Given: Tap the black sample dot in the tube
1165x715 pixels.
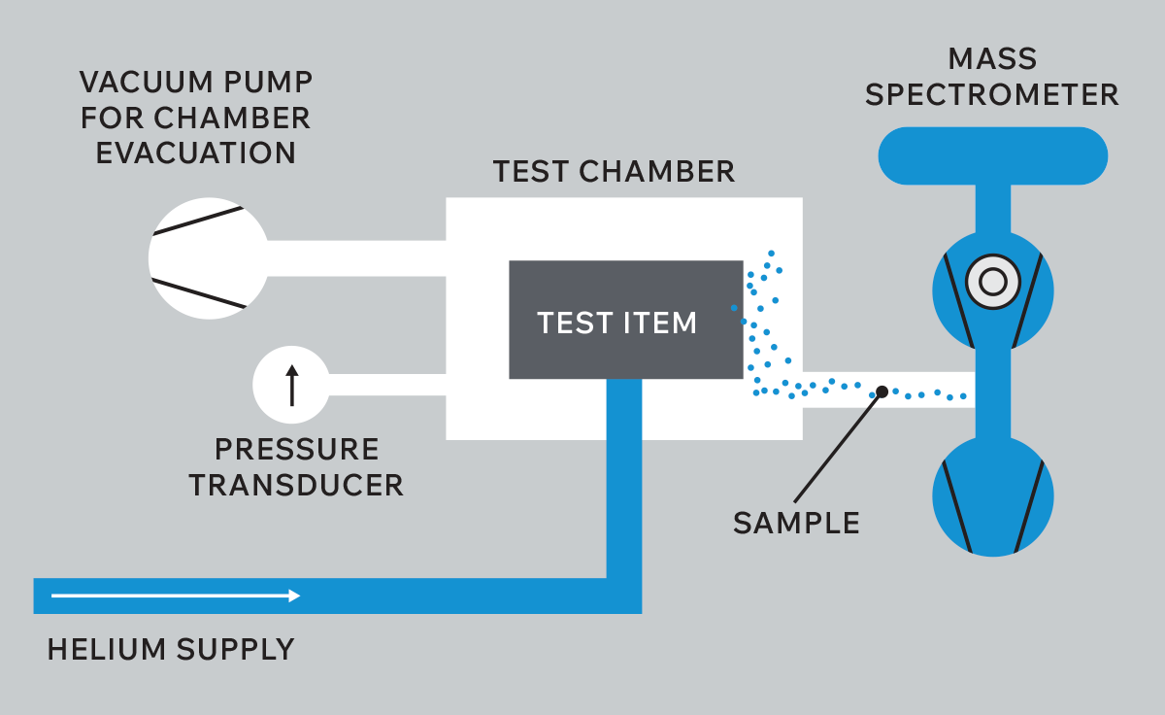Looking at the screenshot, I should pyautogui.click(x=882, y=392).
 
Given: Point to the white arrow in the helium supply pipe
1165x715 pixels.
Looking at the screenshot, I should pyautogui.click(x=176, y=596).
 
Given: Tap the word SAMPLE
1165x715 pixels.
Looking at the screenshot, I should pyautogui.click(x=796, y=523).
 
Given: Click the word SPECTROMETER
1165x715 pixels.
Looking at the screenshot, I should pyautogui.click(x=992, y=95).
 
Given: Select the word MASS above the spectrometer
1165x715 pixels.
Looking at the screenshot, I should pyautogui.click(x=992, y=59).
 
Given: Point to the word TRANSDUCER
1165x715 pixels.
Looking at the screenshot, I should pyautogui.click(x=296, y=485).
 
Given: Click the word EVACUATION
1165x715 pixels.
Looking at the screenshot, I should pyautogui.click(x=195, y=153).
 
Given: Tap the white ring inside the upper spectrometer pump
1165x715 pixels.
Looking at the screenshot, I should pyautogui.click(x=992, y=283).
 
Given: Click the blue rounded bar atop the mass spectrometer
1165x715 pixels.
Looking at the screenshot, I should pyautogui.click(x=992, y=155).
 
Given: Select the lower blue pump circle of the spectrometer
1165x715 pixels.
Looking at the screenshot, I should pyautogui.click(x=992, y=495).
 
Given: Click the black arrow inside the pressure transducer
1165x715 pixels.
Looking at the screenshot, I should pyautogui.click(x=291, y=385).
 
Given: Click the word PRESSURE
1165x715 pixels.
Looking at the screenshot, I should pyautogui.click(x=296, y=450).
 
